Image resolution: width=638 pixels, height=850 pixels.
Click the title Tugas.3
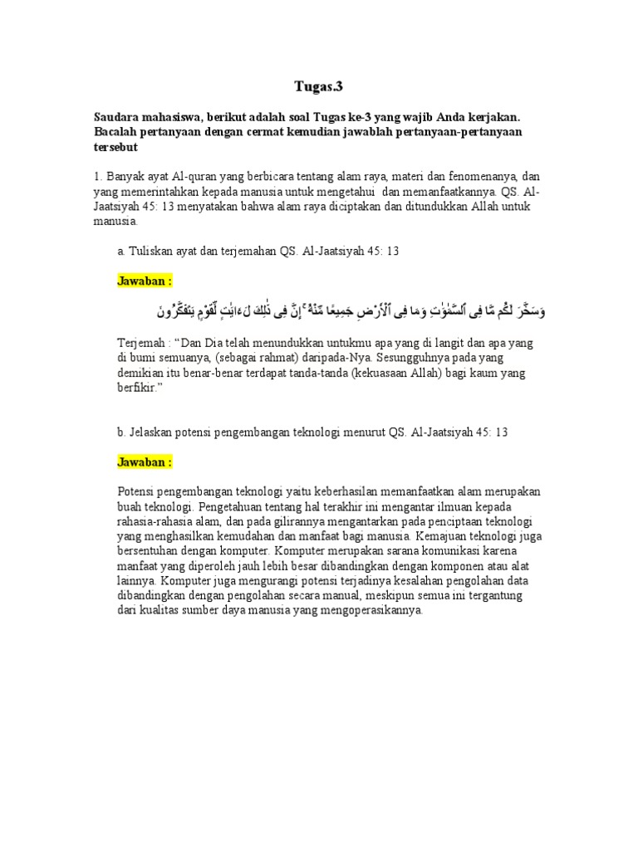[x=319, y=85]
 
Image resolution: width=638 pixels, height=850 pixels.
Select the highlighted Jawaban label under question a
[x=145, y=281]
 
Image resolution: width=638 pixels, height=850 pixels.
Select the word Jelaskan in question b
[x=151, y=432]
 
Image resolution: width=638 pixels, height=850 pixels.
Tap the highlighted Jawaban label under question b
[x=145, y=462]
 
